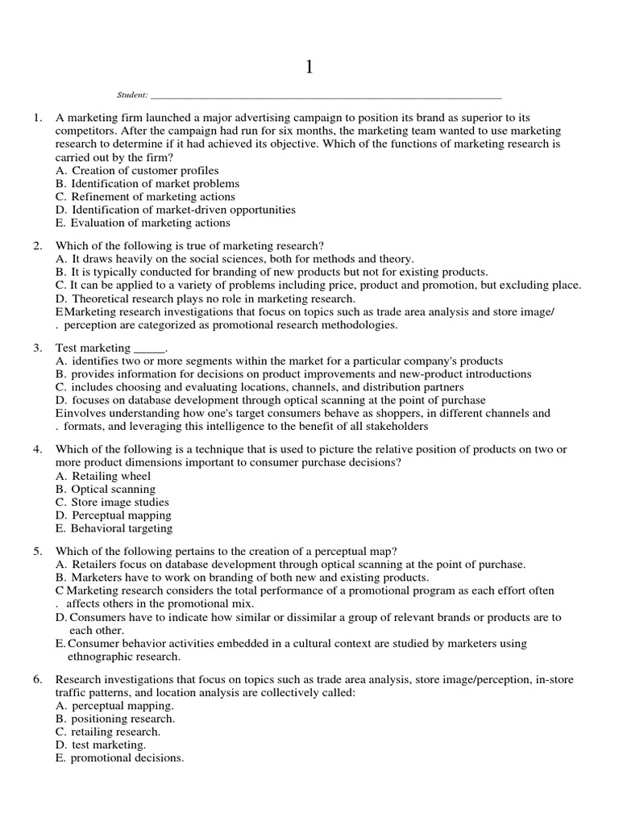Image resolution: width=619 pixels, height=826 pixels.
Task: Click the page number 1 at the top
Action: (309, 68)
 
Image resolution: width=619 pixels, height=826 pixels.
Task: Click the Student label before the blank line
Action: (133, 95)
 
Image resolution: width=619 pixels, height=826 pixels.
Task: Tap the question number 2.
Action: (37, 246)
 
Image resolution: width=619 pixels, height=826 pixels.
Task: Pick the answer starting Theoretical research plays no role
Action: (205, 298)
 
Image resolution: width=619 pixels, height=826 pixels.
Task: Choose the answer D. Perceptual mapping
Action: (114, 515)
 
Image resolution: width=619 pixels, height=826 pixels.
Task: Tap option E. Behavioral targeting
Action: (114, 528)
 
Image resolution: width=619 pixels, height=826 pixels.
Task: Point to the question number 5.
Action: (37, 551)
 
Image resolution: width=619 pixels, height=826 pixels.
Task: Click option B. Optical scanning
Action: (106, 489)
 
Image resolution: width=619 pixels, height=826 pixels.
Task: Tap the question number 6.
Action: (37, 680)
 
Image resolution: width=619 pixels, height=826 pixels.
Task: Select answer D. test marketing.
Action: (101, 745)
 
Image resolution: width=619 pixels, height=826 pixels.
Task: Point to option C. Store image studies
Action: (112, 503)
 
